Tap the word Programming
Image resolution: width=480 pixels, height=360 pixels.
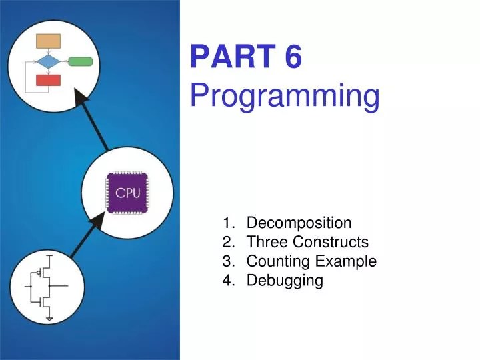[x=285, y=97]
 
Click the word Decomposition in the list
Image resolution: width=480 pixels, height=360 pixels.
[x=299, y=223]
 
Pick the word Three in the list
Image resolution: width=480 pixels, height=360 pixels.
[x=265, y=242]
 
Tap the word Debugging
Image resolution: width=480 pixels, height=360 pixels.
[x=285, y=281]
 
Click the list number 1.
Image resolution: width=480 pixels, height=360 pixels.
[x=229, y=223]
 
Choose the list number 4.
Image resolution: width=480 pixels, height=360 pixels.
[x=229, y=281]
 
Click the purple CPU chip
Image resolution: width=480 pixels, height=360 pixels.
[x=128, y=193]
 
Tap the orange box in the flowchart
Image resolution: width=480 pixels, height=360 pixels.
[x=48, y=41]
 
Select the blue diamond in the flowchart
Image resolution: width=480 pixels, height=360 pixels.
[x=48, y=62]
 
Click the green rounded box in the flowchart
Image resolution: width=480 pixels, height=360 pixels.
[x=80, y=62]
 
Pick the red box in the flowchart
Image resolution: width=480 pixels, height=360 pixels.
[x=48, y=81]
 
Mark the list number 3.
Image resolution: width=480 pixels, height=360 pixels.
[x=229, y=261]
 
